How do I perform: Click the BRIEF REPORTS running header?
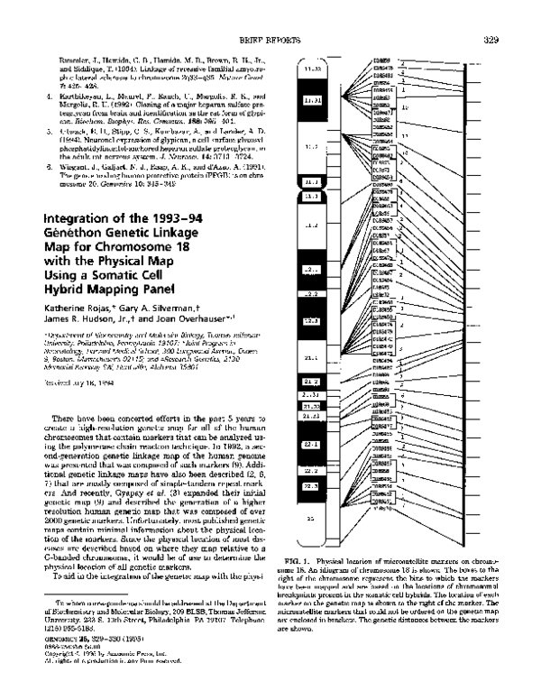click(372, 39)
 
